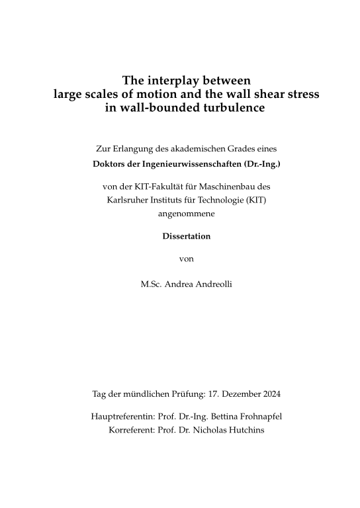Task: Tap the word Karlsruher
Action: pyautogui.click(x=128, y=200)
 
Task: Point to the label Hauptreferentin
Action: pyautogui.click(x=120, y=417)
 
